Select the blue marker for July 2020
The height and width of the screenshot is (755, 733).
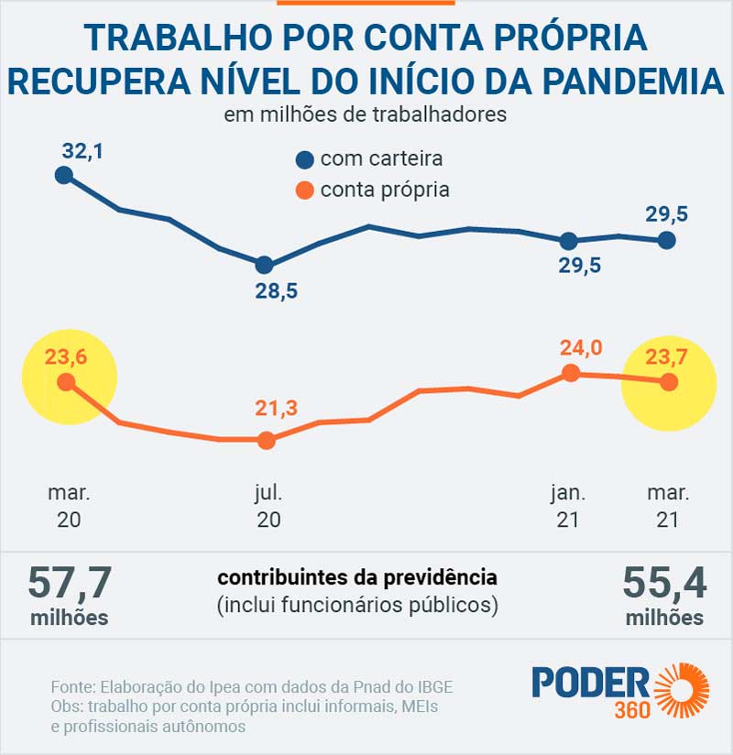pos(265,265)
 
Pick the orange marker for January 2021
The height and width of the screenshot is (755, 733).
pos(570,372)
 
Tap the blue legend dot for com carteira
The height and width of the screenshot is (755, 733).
pos(305,159)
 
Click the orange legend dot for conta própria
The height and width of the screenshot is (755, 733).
pos(305,191)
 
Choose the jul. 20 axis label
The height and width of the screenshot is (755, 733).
pos(268,506)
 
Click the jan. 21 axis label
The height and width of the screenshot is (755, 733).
pos(568,506)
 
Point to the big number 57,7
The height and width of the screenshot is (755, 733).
pos(70,583)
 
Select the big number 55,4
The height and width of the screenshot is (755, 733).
pos(664,583)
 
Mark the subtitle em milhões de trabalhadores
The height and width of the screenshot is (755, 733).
pos(366,116)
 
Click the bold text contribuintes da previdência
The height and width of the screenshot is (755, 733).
pos(357,578)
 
